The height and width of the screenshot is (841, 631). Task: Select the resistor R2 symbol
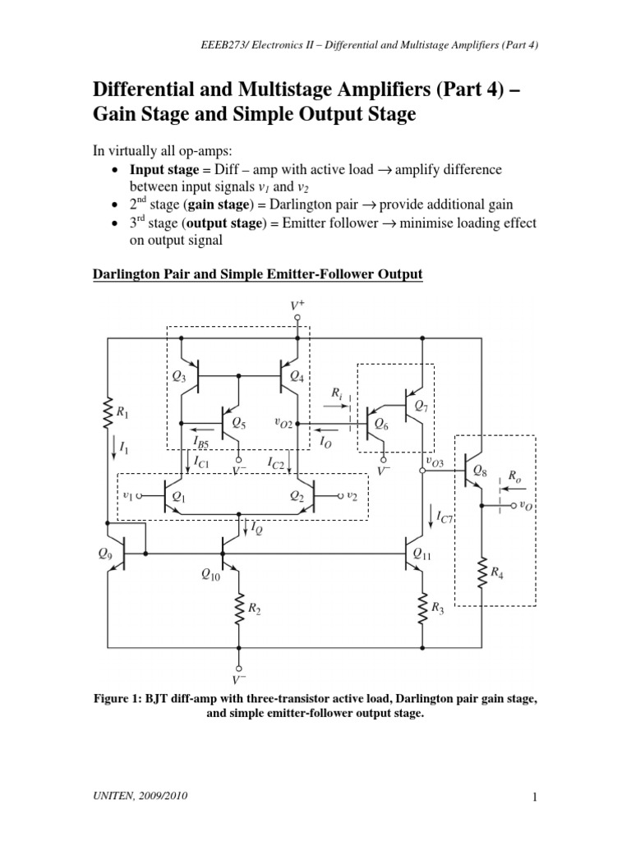[x=239, y=609]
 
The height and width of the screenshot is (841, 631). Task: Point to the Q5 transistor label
[x=239, y=424]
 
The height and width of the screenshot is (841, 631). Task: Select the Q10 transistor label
[x=211, y=576]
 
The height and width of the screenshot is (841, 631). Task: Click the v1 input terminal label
[x=127, y=496]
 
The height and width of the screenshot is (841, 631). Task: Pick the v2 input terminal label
[x=352, y=496]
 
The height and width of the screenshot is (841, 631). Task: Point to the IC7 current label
[x=444, y=517]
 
